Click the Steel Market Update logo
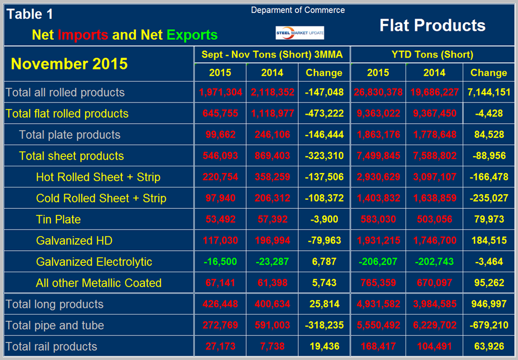(x=299, y=32)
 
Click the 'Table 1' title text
(x=32, y=15)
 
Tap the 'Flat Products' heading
(x=432, y=25)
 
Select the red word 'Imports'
(x=83, y=35)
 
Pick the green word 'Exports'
(x=191, y=35)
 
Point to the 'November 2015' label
(x=69, y=64)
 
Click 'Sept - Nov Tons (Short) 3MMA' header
(x=272, y=54)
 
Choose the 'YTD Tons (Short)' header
(x=432, y=54)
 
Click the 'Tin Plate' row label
(x=58, y=219)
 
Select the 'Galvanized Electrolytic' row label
(x=94, y=261)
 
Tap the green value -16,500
(x=219, y=261)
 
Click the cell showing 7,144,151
(x=488, y=92)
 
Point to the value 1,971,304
(x=219, y=92)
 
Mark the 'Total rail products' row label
(x=51, y=347)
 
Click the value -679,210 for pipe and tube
(x=488, y=325)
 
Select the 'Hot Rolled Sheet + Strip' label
(x=98, y=177)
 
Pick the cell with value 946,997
(x=488, y=304)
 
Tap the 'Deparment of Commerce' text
(x=298, y=10)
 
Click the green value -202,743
(x=434, y=261)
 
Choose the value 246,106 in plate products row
(x=272, y=135)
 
